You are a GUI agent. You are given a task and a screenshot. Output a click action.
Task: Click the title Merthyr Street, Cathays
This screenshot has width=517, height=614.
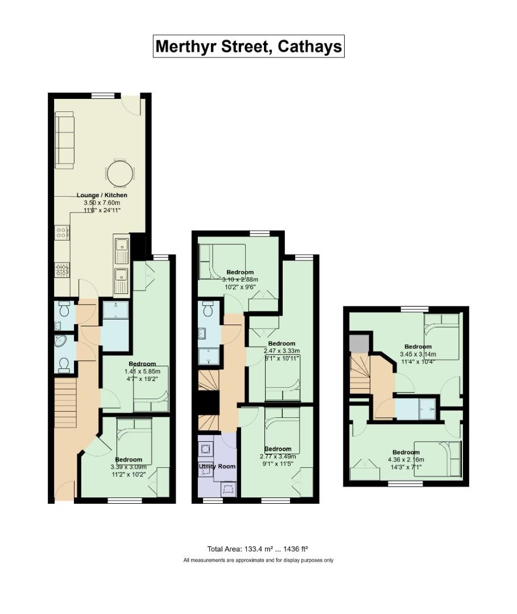249,46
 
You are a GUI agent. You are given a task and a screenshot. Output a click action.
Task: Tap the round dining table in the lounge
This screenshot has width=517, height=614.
120,173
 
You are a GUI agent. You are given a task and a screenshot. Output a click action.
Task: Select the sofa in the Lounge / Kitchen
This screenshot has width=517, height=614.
64,140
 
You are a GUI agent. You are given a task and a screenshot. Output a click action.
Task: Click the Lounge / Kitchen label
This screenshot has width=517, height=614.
102,195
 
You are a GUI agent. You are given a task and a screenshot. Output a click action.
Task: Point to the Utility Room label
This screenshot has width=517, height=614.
217,466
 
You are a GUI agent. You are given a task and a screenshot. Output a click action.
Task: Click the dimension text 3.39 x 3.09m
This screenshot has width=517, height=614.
129,467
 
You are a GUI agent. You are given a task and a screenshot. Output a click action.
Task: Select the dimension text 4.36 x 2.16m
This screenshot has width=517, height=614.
406,460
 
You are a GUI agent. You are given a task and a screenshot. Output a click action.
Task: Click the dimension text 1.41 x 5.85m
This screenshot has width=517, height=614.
142,371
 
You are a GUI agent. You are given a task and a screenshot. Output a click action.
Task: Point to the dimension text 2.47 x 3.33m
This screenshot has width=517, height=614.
282,351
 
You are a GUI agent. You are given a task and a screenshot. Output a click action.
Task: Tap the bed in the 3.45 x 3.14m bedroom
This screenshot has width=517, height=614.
442,337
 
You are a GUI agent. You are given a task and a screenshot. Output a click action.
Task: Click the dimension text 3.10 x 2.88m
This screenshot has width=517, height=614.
240,280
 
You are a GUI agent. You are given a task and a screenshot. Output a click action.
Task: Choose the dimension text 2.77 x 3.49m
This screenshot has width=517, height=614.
278,456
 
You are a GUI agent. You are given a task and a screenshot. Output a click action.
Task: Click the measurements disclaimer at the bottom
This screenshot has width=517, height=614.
258,561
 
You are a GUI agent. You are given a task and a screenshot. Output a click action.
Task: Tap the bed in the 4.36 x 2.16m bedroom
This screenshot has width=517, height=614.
438,459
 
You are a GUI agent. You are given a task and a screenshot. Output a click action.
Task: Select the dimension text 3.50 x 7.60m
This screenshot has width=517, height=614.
102,203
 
